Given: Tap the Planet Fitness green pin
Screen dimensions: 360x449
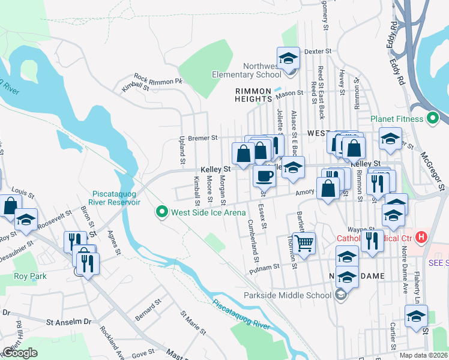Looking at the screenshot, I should click(432, 119).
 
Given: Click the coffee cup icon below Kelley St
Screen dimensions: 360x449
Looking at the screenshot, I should click(264, 176).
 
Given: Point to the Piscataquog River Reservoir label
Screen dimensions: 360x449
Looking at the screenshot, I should click(116, 197).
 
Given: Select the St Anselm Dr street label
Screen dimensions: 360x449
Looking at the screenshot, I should click(69, 322).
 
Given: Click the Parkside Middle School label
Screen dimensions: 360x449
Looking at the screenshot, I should click(288, 295).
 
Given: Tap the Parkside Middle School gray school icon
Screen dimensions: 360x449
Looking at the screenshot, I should click(341, 295).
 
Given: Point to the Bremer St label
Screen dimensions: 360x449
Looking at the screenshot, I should click(202, 137).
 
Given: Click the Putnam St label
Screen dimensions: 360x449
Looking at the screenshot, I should click(268, 266).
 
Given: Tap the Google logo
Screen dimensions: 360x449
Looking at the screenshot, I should click(20, 353).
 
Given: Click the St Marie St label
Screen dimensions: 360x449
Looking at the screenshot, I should click(193, 323).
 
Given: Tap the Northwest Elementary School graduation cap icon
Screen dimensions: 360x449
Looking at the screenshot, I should click(289, 58).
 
